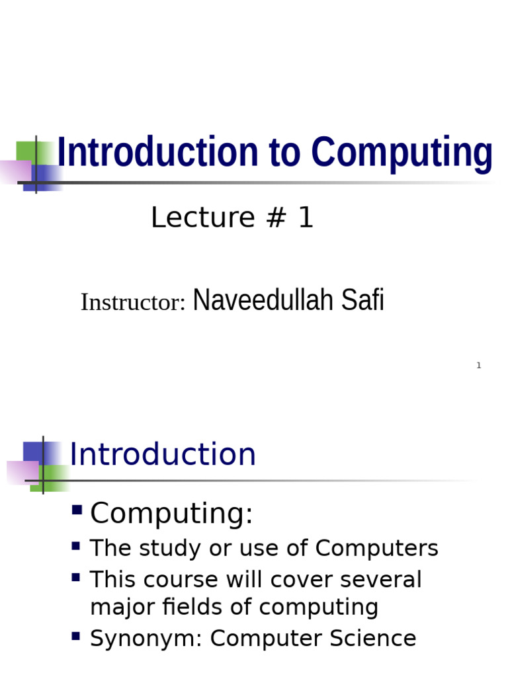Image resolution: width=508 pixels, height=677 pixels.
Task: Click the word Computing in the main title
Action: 402,153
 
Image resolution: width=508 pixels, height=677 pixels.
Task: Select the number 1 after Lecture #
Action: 305,218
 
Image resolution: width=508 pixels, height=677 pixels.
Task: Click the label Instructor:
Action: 133,302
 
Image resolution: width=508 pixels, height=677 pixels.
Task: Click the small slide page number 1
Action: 478,366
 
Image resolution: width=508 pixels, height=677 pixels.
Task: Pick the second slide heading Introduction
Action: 163,455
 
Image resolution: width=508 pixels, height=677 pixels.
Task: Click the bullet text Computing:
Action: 171,514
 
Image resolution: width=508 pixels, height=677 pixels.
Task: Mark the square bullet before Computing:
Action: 77,510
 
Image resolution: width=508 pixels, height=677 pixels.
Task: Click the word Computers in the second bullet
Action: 376,548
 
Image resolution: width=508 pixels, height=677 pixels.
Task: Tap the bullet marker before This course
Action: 76,577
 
